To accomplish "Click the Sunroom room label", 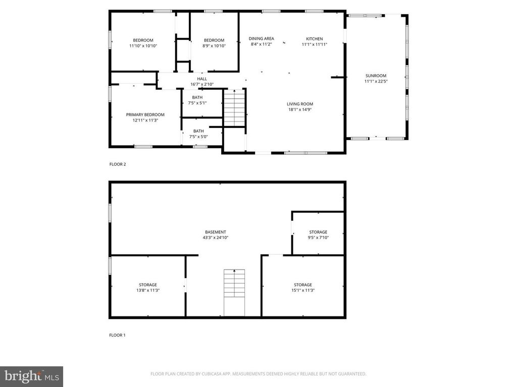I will (x=376, y=76).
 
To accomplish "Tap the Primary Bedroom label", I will (x=145, y=115).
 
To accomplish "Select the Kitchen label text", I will (x=315, y=39).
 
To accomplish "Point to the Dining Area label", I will (x=262, y=39).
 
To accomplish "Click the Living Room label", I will (x=300, y=104).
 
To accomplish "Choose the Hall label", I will (x=202, y=79).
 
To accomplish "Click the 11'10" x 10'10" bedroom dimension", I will (x=143, y=46).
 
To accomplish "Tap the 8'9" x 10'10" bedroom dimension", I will (x=214, y=46).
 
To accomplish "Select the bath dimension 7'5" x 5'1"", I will (x=198, y=103).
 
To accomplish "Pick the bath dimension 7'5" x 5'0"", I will (x=198, y=137).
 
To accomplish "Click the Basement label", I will (x=216, y=232).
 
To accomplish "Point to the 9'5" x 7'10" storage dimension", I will (x=318, y=237).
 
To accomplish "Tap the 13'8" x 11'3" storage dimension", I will (x=148, y=290).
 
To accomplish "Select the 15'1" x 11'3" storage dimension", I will (x=303, y=290).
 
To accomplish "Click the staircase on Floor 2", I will (x=234, y=108).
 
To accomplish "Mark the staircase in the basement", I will (x=234, y=292).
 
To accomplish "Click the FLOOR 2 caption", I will (x=118, y=164).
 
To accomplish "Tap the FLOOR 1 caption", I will (x=118, y=335).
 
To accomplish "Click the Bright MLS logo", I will (x=31, y=376).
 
